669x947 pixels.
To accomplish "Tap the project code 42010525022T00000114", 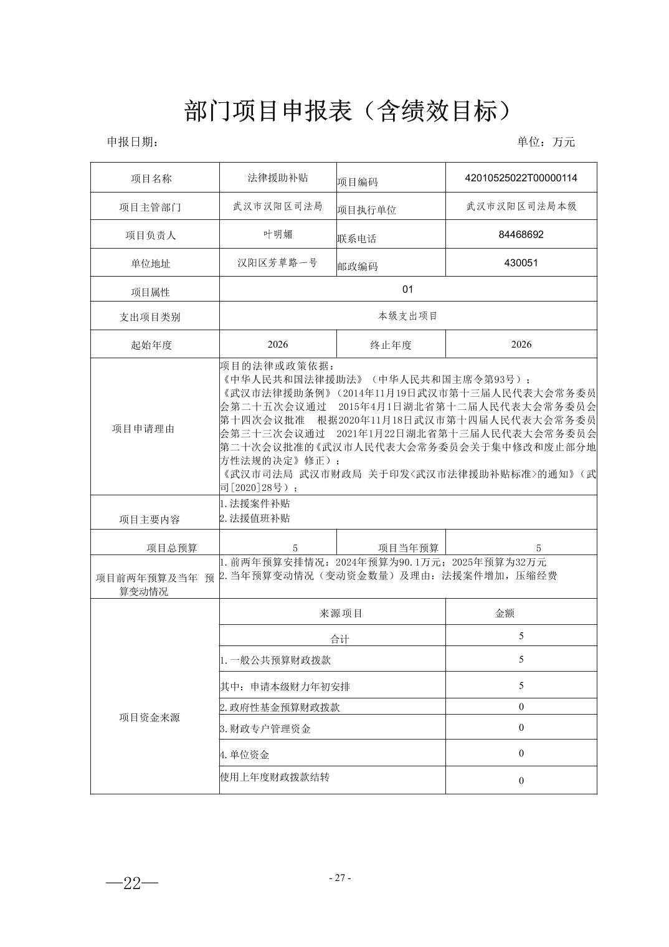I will [521, 178].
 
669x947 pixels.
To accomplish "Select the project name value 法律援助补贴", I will [278, 178].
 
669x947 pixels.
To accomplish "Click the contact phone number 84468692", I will [521, 235].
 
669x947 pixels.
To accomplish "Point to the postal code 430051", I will [521, 263].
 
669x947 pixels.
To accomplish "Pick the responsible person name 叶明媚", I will [278, 235].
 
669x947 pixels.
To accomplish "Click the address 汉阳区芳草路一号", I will [278, 263].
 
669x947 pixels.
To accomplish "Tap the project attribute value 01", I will [408, 289].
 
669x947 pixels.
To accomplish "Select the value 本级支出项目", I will [408, 316].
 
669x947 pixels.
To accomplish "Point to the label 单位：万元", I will [546, 142].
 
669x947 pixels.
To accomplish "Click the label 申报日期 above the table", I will [132, 142].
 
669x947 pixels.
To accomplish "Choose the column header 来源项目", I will [341, 613].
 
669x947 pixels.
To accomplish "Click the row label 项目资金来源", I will [149, 718].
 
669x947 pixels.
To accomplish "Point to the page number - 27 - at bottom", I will [339, 878].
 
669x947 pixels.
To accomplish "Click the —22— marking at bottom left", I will [132, 883].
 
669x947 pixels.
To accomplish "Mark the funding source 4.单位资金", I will [245, 755].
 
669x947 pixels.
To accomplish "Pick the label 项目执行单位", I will [367, 210].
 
